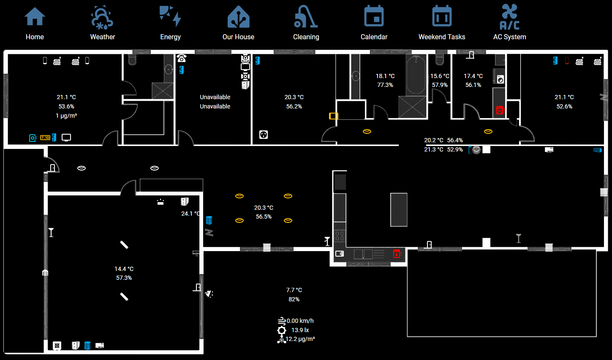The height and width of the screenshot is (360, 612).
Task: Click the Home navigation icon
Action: (x=35, y=16)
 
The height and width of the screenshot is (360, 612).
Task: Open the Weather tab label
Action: (x=103, y=37)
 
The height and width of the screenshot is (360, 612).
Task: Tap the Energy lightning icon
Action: (x=170, y=16)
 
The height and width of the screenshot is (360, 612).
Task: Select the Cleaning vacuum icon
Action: (x=306, y=16)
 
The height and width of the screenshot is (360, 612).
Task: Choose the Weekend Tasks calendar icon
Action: (x=442, y=16)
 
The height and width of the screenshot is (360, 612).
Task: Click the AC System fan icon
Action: (x=509, y=17)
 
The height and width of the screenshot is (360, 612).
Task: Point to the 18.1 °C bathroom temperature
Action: (x=385, y=76)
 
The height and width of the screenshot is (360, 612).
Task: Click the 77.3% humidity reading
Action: (x=385, y=85)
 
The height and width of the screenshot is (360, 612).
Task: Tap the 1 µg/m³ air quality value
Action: (x=66, y=116)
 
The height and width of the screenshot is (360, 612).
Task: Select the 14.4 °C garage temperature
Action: (x=124, y=269)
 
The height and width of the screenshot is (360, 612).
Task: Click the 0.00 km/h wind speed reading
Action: (x=300, y=321)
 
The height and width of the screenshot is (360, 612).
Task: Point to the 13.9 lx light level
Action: (x=300, y=330)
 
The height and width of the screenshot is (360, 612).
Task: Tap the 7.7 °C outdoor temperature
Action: (x=294, y=290)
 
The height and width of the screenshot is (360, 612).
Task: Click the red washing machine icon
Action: (x=500, y=110)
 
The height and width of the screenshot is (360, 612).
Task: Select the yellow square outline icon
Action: (x=333, y=116)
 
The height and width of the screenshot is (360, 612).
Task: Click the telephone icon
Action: (x=182, y=58)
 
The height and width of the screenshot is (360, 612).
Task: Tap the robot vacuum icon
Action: (x=476, y=149)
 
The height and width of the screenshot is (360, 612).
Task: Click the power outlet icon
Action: (x=264, y=135)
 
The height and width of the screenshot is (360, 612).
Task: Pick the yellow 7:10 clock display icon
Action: (x=45, y=138)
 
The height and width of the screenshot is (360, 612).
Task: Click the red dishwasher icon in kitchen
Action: (x=397, y=254)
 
